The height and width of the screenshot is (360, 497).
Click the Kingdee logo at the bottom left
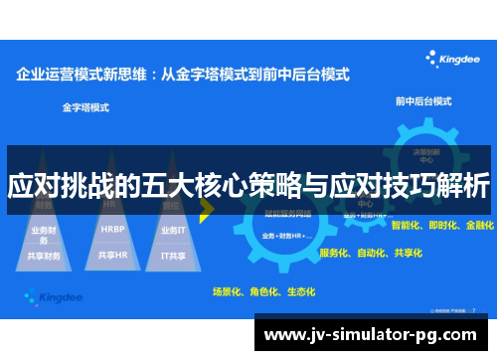[x=55, y=295]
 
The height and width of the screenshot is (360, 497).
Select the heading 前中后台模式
[x=424, y=101]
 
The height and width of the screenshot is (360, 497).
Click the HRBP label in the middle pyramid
[x=112, y=229]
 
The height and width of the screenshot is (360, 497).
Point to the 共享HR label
[x=112, y=255]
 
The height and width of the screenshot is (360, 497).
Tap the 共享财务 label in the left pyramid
[x=46, y=256]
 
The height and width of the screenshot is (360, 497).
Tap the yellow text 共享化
[x=407, y=254]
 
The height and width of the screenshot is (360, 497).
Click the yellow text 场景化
[x=227, y=292]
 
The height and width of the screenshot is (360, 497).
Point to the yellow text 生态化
[x=299, y=292]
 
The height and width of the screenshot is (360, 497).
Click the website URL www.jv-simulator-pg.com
[x=375, y=332]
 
